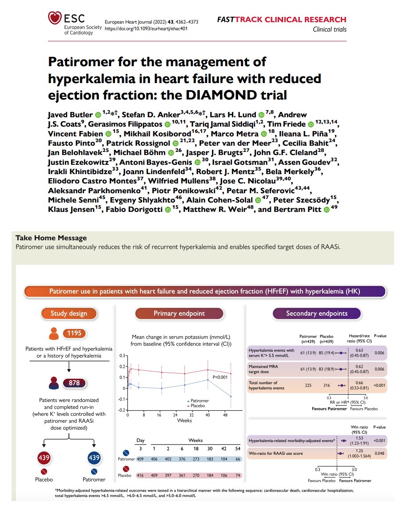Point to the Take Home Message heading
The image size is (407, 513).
tap(51, 238)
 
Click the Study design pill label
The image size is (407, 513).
tap(69, 313)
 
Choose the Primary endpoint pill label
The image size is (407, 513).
tap(179, 313)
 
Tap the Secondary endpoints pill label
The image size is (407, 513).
tap(316, 313)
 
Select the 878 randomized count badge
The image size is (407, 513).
tap(74, 382)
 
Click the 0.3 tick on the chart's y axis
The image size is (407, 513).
tap(123, 356)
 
